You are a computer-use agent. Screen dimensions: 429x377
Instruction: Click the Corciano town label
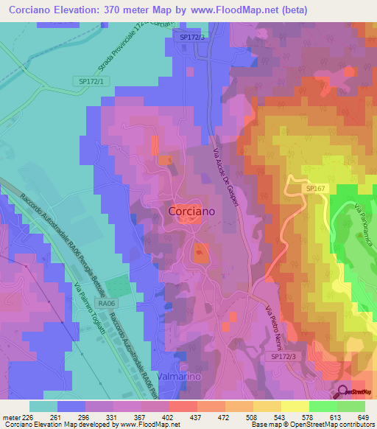pyautogui.click(x=191, y=211)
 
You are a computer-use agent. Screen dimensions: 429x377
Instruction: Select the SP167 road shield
pyautogui.click(x=315, y=189)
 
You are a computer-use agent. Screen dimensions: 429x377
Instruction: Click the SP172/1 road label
pyautogui.click(x=89, y=80)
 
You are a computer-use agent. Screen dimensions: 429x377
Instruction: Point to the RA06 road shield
pyautogui.click(x=107, y=303)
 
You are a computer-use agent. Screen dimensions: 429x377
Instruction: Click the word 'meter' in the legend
pyautogui.click(x=11, y=416)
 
